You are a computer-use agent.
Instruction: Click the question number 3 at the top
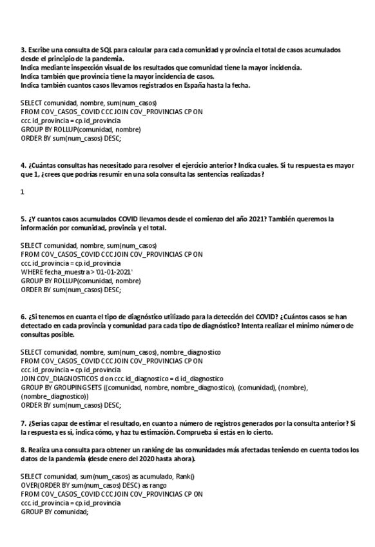tap(23, 50)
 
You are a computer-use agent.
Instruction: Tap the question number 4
tap(23, 164)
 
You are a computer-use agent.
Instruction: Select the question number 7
tap(23, 423)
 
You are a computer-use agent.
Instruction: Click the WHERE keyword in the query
tap(31, 272)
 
